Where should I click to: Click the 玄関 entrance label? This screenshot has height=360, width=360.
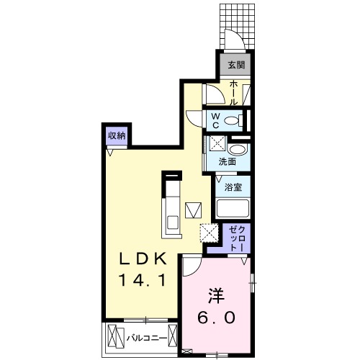click(x=235, y=66)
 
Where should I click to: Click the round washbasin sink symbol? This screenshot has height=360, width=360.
click(x=240, y=149)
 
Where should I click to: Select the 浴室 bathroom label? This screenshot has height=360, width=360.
click(x=232, y=187)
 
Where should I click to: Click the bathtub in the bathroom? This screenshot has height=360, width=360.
click(x=233, y=209)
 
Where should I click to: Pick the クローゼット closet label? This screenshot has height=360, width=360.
click(x=236, y=238)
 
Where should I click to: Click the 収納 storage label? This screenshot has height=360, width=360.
click(x=117, y=135)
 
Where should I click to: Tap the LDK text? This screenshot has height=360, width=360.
click(x=142, y=258)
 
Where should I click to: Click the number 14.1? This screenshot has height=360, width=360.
click(x=142, y=280)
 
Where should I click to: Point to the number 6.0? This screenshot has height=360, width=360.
click(x=215, y=317)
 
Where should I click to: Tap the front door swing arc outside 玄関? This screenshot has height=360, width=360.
click(x=230, y=40)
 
